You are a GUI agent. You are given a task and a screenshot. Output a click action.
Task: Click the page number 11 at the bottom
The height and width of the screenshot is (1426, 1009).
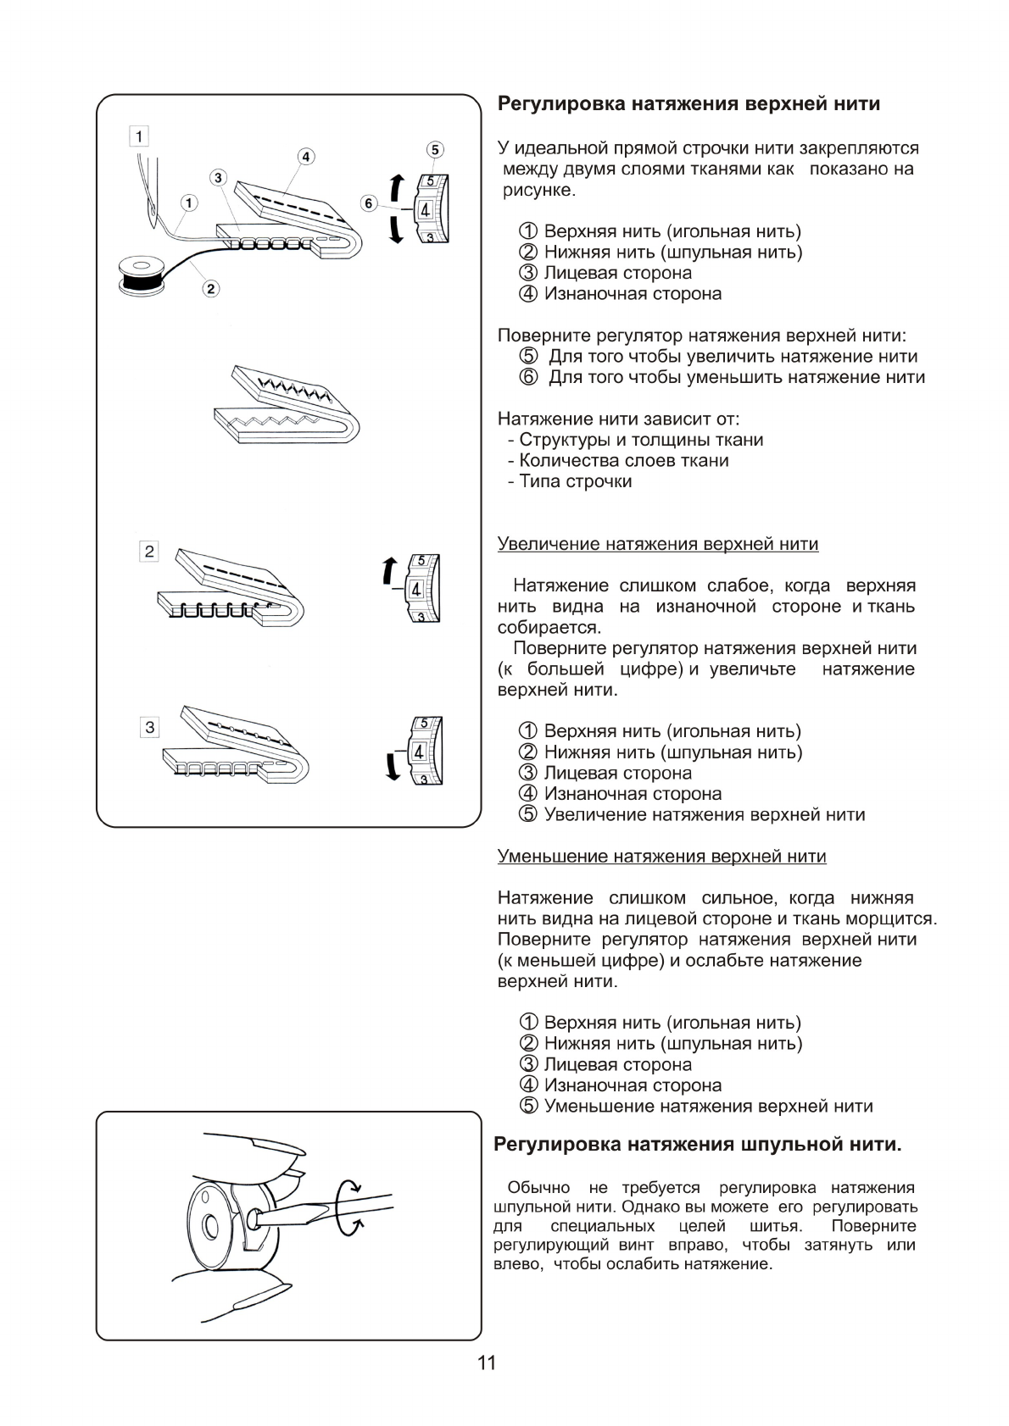pos(487,1363)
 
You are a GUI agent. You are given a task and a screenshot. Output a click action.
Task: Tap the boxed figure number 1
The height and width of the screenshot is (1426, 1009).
pos(139,136)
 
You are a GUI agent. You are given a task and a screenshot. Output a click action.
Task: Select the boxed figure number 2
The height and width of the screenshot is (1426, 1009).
pos(149,552)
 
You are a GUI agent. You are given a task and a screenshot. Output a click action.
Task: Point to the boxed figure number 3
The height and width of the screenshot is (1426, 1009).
pos(149,727)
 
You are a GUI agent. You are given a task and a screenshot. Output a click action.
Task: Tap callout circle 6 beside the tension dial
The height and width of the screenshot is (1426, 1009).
pos(368,203)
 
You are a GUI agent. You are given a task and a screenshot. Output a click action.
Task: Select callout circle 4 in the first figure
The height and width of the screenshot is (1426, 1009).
pos(305,157)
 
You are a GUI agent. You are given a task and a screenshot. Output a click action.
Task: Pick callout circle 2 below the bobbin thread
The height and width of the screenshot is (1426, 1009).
pos(210,289)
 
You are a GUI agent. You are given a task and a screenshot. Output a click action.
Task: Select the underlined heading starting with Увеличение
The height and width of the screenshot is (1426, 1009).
pos(657,544)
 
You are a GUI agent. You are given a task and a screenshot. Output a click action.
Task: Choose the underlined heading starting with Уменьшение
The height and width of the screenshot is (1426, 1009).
pos(661,857)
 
